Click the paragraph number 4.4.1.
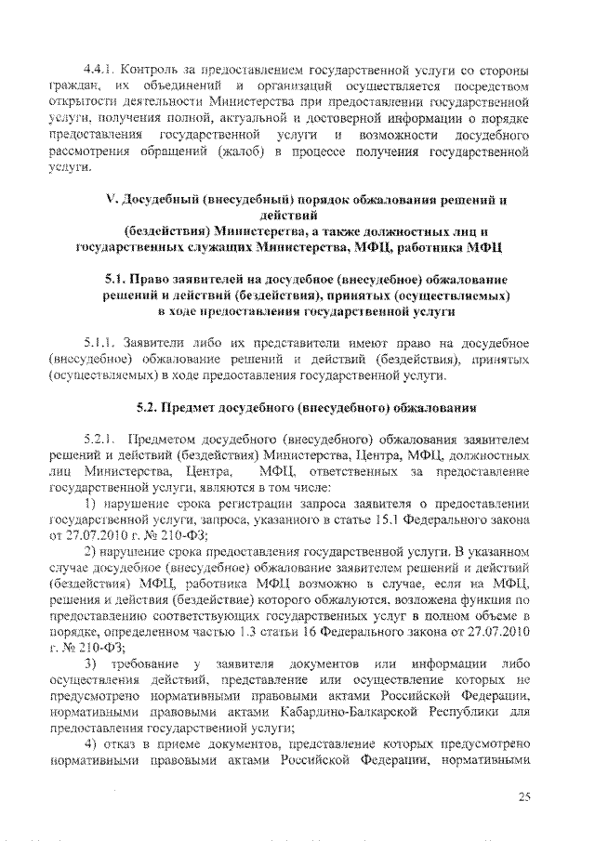99,71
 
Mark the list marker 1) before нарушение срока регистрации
90,502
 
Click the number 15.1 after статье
392,518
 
